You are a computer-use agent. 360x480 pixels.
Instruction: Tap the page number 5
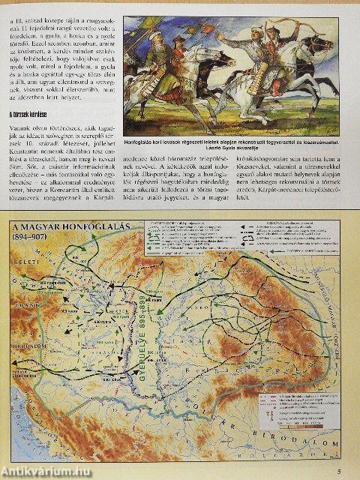click(340, 471)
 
